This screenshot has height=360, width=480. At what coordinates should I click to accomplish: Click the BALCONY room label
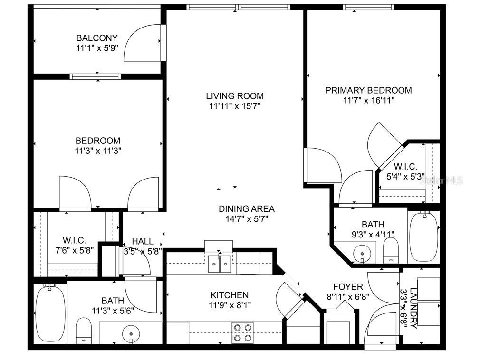tap(97, 38)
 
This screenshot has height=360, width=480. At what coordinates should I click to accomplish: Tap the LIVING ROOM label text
tap(235, 96)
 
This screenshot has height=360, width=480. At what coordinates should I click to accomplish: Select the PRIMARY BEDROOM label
tap(368, 90)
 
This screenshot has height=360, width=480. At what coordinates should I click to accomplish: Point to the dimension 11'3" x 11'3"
tap(98, 151)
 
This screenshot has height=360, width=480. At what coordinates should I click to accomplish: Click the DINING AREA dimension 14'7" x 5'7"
tap(246, 219)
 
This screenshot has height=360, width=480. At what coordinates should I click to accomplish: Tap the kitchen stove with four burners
tap(242, 332)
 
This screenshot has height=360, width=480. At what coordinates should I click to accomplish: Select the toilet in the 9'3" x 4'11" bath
tap(391, 250)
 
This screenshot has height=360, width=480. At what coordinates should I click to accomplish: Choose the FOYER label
tap(347, 287)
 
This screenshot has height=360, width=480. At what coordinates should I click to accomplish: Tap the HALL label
tap(143, 241)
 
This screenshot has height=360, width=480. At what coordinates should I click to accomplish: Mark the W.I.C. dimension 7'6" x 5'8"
tap(74, 250)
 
